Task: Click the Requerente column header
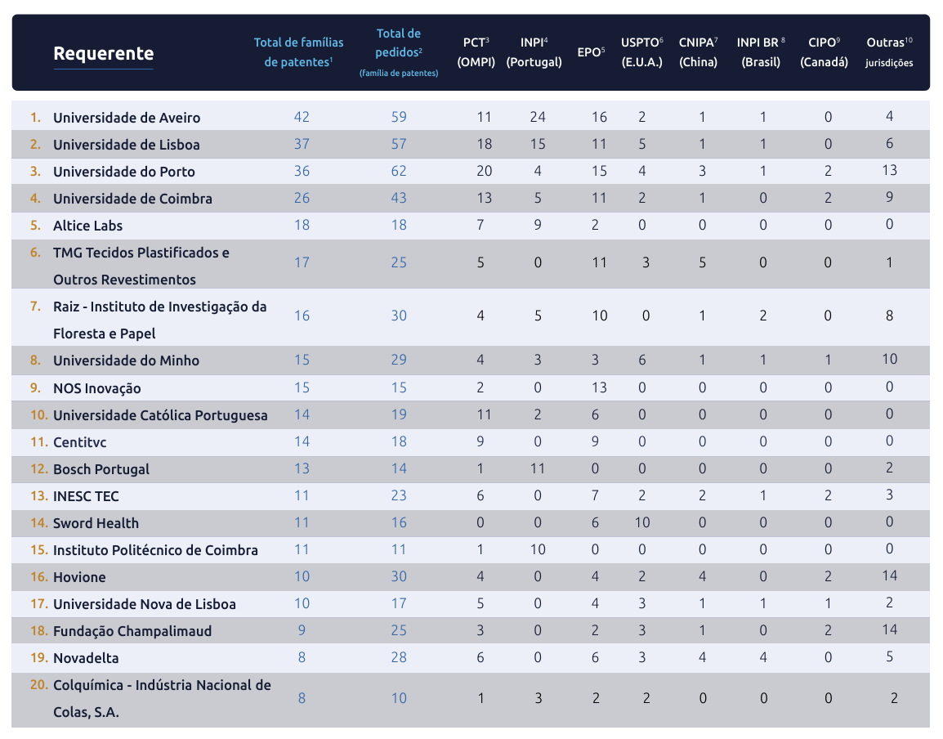[103, 54]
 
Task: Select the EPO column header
[591, 52]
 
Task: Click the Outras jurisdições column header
[890, 52]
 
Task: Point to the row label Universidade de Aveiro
[127, 118]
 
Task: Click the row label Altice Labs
[87, 226]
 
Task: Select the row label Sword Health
[96, 523]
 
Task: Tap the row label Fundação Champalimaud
[132, 631]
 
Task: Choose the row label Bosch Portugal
[101, 469]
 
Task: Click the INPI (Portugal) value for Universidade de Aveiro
[538, 117]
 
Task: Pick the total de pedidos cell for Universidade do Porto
[399, 171]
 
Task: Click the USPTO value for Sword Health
[642, 522]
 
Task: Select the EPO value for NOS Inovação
[600, 387]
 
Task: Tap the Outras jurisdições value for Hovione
[890, 576]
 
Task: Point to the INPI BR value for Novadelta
[763, 657]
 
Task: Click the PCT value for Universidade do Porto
[484, 171]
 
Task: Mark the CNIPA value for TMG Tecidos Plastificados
[702, 262]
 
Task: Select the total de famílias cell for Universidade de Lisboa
[302, 144]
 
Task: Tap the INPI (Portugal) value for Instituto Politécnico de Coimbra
[538, 549]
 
